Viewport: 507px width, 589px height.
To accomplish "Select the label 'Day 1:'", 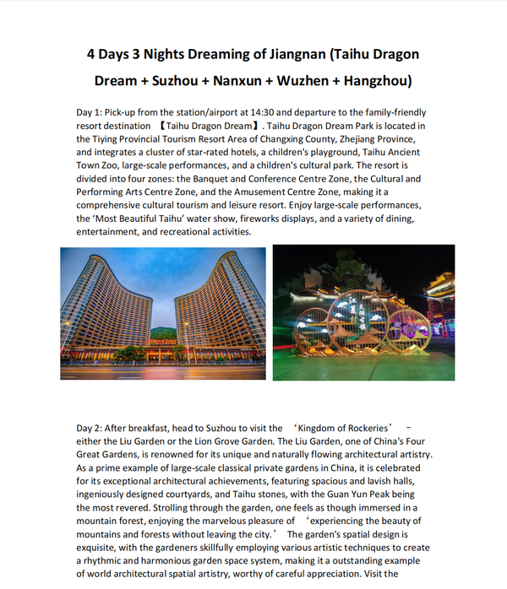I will click(92, 113).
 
